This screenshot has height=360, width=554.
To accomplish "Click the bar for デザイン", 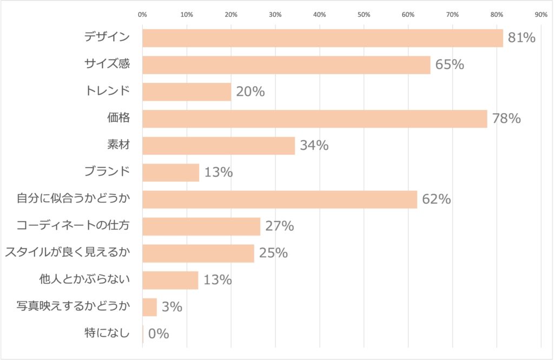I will [322, 38].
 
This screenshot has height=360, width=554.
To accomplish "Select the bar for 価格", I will [314, 119].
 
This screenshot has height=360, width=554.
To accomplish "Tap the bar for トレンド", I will [187, 91].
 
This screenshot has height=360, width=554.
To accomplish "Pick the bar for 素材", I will [219, 146].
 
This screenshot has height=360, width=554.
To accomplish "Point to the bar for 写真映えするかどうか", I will [149, 307].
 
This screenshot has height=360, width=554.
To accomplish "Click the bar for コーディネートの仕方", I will [201, 226].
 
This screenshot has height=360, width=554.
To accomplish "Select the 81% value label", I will [521, 38].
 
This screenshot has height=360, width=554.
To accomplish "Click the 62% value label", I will [437, 199].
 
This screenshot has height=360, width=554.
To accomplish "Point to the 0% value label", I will [159, 334].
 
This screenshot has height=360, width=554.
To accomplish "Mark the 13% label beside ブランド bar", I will [219, 173].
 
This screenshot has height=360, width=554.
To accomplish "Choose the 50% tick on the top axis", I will [364, 15].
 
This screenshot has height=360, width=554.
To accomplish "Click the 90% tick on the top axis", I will [540, 15].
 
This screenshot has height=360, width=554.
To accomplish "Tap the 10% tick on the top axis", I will [187, 15].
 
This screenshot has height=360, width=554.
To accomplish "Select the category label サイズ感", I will [107, 64].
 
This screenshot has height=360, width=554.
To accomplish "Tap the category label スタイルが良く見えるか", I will [68, 253].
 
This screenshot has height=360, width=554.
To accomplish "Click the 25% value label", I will [273, 253].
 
